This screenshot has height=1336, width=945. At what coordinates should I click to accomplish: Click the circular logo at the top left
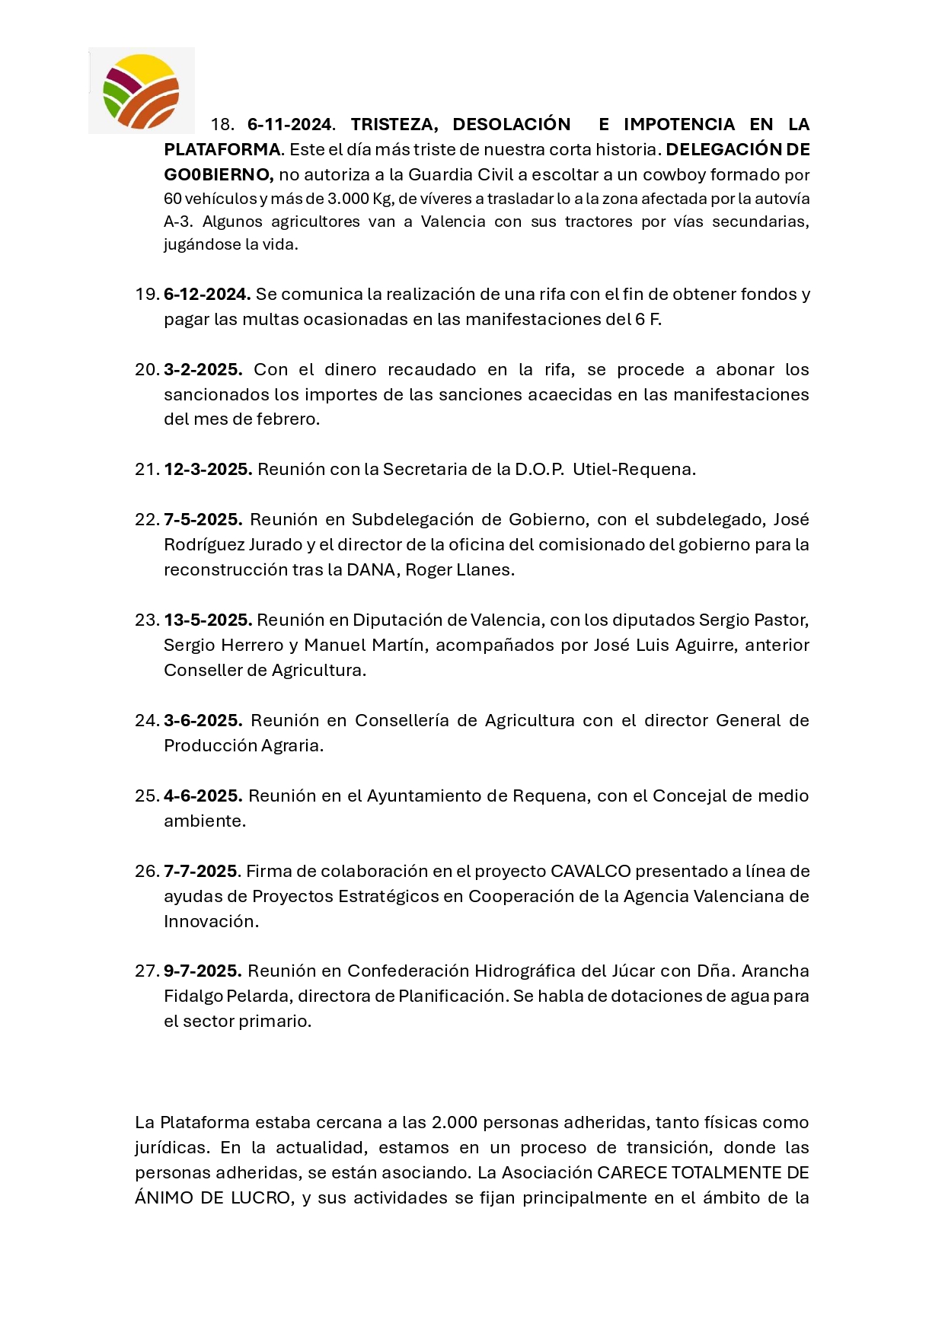pyautogui.click(x=142, y=91)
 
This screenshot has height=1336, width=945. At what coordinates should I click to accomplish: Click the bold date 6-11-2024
pyautogui.click(x=290, y=125)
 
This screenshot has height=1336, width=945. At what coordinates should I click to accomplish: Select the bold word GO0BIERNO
pyautogui.click(x=218, y=175)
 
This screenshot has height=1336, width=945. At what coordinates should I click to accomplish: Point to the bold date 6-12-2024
pyautogui.click(x=206, y=295)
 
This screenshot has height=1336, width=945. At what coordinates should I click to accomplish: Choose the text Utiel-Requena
pyautogui.click(x=634, y=470)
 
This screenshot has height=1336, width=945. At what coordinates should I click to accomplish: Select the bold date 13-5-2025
pyautogui.click(x=207, y=620)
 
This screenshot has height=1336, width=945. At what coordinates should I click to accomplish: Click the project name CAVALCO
pyautogui.click(x=591, y=872)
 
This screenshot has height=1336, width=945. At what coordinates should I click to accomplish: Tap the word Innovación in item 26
pyautogui.click(x=209, y=922)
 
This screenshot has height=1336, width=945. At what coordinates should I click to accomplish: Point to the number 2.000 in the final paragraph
pyautogui.click(x=454, y=1123)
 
